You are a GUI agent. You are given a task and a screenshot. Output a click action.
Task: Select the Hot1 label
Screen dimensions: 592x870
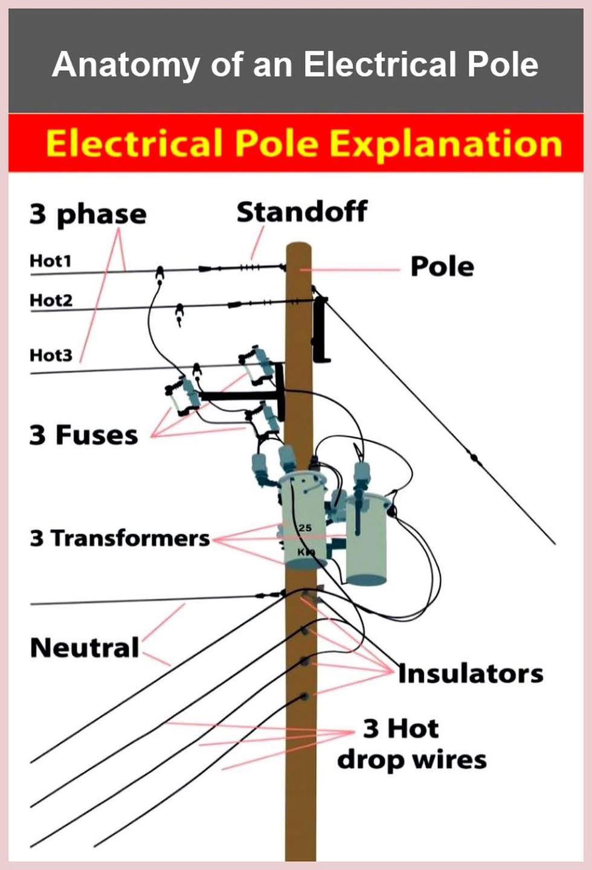pyautogui.click(x=51, y=261)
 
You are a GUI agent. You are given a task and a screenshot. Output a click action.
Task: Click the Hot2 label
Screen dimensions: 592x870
pyautogui.click(x=51, y=300)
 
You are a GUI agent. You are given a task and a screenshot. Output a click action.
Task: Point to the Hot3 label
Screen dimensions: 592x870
pyautogui.click(x=51, y=355)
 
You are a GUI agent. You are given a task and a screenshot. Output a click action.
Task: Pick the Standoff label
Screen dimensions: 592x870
pyautogui.click(x=302, y=212)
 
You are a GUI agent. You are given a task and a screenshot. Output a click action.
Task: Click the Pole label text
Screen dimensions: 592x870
pyautogui.click(x=442, y=267)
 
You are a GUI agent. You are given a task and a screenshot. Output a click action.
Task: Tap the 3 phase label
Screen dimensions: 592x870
pyautogui.click(x=88, y=215)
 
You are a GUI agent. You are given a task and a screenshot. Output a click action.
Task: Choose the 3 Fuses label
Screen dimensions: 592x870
pyautogui.click(x=83, y=434)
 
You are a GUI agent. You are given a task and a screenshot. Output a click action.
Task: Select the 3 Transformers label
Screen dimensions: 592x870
pyautogui.click(x=120, y=538)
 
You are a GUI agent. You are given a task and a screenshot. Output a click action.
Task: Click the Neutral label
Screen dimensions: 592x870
pyautogui.click(x=85, y=648)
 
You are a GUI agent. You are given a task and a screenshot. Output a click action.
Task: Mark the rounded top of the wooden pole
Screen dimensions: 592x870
pyautogui.click(x=299, y=247)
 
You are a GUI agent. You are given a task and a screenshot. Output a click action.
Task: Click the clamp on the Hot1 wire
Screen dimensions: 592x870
pyautogui.click(x=159, y=274)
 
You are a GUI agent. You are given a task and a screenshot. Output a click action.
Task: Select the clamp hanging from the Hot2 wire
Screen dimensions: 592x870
pyautogui.click(x=179, y=314)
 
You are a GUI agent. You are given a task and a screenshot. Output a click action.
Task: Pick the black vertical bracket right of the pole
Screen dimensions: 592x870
pyautogui.click(x=321, y=329)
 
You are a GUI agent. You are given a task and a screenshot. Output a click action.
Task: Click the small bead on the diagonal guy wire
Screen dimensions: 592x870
pyautogui.click(x=474, y=457)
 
